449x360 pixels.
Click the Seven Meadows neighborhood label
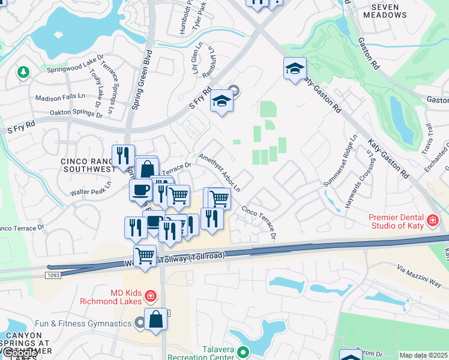pyautogui.click(x=389, y=11)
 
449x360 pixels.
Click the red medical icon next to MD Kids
pyautogui.click(x=149, y=295)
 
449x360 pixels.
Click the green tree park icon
pyautogui.click(x=23, y=72)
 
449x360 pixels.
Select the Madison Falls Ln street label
pyautogui.click(x=60, y=97)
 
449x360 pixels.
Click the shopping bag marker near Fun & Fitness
pyautogui.click(x=156, y=319)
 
